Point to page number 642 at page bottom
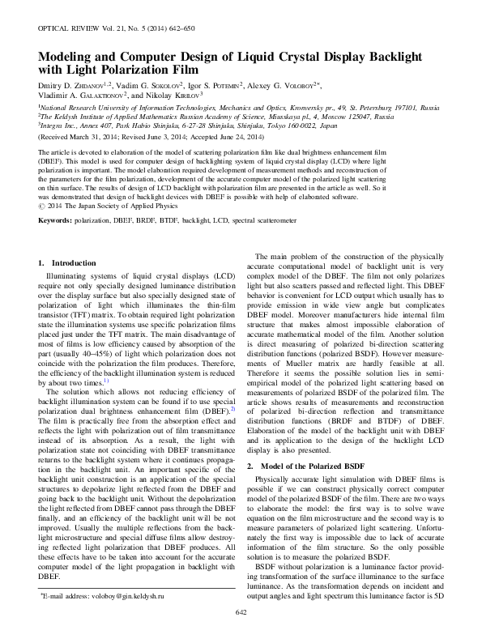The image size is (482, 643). click(241, 634)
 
